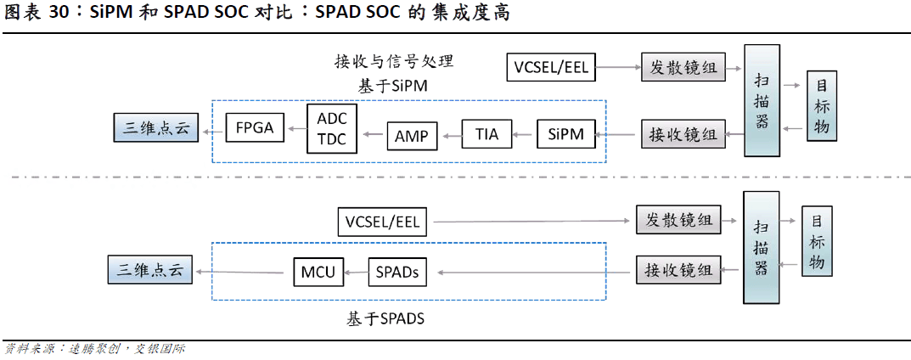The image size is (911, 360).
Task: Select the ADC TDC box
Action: coord(332,128)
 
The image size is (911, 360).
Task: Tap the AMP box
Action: coord(412,135)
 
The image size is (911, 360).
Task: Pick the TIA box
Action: coord(486,134)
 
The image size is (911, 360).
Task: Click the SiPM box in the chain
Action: coord(566,134)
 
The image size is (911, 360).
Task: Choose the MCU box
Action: coord(318,273)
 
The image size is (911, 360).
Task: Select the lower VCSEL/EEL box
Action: coord(383,222)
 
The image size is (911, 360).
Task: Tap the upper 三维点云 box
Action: coord(155,129)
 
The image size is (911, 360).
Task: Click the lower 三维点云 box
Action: coord(150,270)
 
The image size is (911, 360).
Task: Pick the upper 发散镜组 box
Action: coord(683,67)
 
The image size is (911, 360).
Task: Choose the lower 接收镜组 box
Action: coord(678,270)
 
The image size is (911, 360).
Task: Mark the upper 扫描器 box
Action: coord(762,100)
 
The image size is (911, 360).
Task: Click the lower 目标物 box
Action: coord(817,241)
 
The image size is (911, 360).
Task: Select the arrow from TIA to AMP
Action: coord(450,134)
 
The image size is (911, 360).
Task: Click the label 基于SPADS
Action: coord(385,319)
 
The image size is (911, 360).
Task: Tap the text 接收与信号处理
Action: coord(394,62)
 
